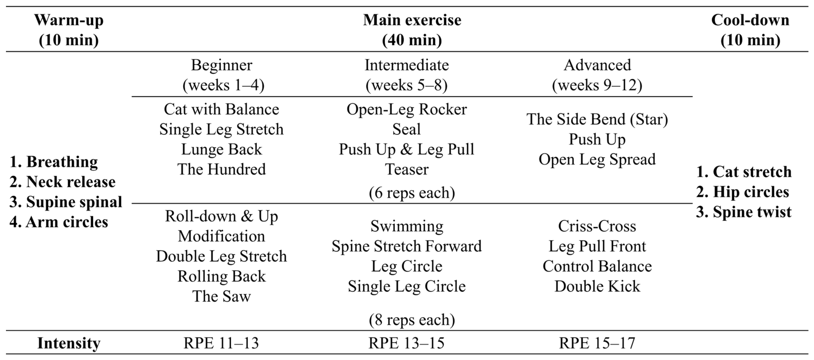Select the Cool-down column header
pos(750,30)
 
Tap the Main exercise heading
pos(412,30)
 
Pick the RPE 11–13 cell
pos(221,343)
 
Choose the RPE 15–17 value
pos(597,343)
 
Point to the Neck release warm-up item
pos(63,182)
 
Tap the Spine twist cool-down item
pos(744,212)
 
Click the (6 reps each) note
pos(412,193)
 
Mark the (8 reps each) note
pos(412,320)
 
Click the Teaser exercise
pos(407,169)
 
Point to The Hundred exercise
pos(222,169)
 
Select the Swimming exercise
pos(407,227)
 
